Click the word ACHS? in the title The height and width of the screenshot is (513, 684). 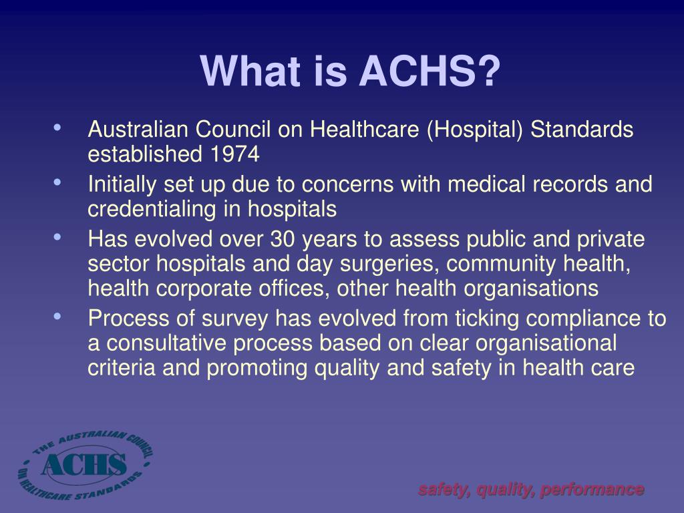point(430,71)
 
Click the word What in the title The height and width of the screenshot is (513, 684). point(250,71)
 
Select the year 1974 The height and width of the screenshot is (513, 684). point(234,154)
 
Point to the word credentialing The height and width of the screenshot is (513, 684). point(152,209)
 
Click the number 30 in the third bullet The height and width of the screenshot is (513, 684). point(283,239)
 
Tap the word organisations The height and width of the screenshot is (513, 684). point(531,289)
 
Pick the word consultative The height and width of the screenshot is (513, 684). point(166,343)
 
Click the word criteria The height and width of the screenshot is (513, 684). point(122,367)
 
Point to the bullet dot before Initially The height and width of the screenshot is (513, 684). point(57,182)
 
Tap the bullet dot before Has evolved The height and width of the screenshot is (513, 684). point(57,237)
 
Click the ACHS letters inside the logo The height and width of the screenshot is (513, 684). point(84,464)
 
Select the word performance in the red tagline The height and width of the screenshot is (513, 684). point(592,490)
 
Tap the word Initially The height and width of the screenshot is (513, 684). point(122,185)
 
